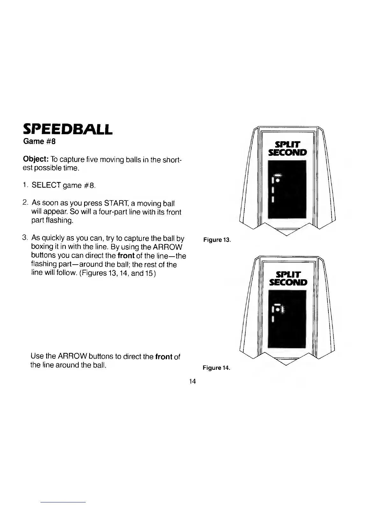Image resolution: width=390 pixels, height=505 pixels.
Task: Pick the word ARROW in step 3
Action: pyautogui.click(x=170, y=247)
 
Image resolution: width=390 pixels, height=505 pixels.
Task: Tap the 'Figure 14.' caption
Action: pyautogui.click(x=216, y=368)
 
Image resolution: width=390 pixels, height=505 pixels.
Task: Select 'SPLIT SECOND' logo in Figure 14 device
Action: pyautogui.click(x=288, y=278)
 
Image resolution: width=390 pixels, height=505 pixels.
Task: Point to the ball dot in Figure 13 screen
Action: pyautogui.click(x=278, y=180)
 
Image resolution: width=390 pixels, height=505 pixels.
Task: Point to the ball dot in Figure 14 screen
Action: pyautogui.click(x=278, y=309)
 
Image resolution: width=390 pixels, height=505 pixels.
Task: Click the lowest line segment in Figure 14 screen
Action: pyautogui.click(x=273, y=319)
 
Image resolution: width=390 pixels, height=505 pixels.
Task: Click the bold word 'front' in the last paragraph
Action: pyautogui.click(x=164, y=356)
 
